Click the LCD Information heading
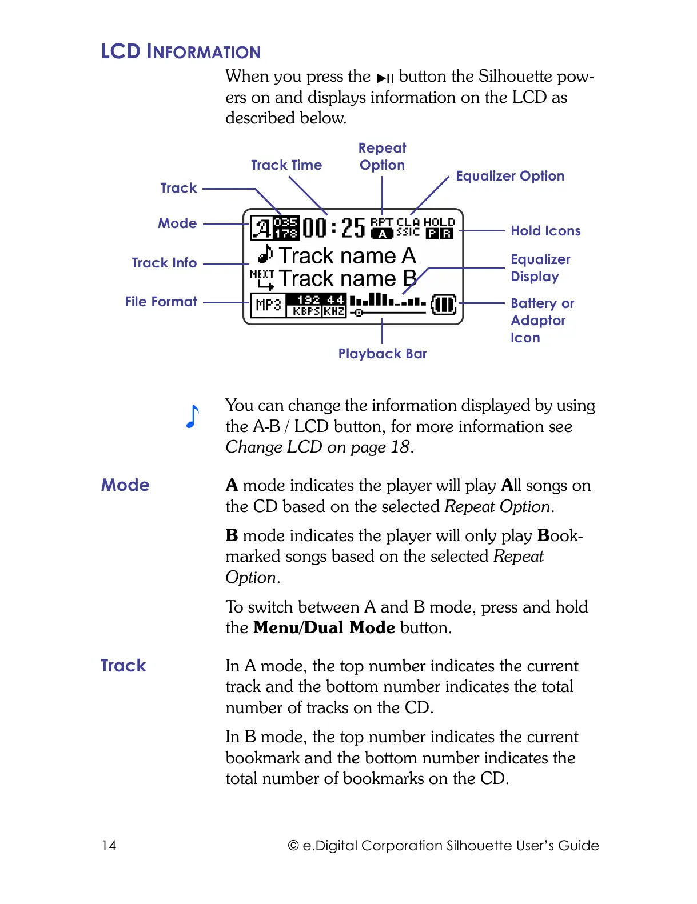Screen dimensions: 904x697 181,51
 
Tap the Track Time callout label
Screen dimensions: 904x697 286,165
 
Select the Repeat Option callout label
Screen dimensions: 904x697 382,157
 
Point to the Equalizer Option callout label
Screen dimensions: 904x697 510,176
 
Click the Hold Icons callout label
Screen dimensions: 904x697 545,231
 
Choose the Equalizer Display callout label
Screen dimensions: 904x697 540,268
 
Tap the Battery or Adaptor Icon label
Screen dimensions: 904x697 542,320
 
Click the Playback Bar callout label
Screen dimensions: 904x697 383,354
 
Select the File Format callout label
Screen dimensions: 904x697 161,302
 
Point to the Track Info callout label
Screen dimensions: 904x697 164,263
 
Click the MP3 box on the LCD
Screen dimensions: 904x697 268,305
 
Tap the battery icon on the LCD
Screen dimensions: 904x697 444,305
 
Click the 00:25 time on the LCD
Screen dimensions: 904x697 333,227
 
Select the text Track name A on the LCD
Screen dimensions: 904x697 347,255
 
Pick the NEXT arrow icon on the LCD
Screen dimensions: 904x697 262,279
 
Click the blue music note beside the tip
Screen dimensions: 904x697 193,416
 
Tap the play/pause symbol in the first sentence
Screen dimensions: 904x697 385,78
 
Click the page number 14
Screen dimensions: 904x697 109,846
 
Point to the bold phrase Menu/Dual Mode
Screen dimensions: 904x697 324,627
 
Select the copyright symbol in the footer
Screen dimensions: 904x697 293,846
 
